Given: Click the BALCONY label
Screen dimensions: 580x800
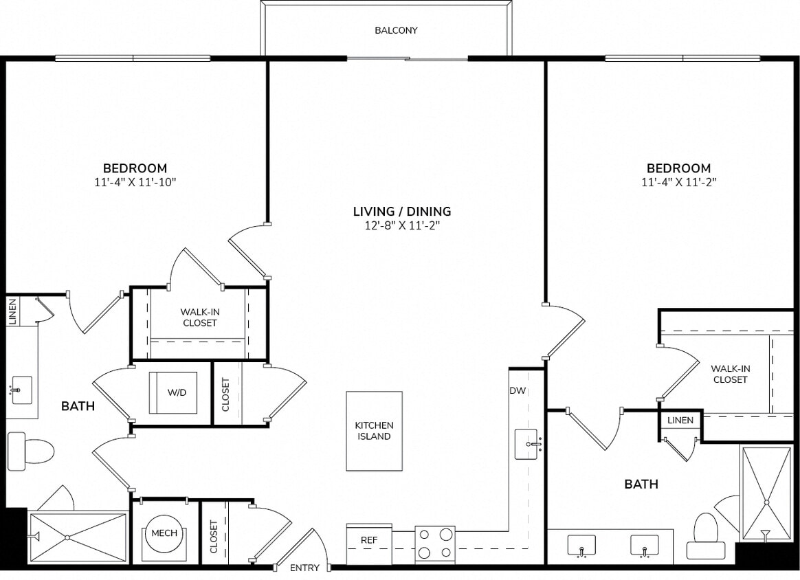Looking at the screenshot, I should pos(396,30).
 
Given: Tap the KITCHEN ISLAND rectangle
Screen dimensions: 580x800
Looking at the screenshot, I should pos(374,431).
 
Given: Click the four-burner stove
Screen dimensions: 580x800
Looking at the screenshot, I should pos(435,544).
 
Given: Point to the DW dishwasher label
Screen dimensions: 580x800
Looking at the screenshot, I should pos(518,391).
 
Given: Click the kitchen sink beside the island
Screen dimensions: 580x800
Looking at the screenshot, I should pos(529,444).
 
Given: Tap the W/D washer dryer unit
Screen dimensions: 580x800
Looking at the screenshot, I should pos(173,393).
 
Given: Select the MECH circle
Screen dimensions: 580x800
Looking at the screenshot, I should pos(164,533).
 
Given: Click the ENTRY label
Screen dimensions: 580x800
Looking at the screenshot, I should pos(304,568).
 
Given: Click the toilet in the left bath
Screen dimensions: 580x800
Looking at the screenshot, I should pos(31,451).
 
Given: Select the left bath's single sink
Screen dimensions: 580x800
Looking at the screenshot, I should pos(21,390).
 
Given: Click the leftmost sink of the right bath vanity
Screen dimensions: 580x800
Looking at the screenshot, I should pos(581,544).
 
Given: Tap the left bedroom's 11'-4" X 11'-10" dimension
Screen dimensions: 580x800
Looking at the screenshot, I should pos(135,183).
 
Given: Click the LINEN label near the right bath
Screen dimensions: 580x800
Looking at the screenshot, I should pos(681,420).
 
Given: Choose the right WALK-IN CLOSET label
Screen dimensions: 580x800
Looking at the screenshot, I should pos(730,374).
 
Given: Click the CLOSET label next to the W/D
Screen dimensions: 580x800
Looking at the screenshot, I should pos(225,394).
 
